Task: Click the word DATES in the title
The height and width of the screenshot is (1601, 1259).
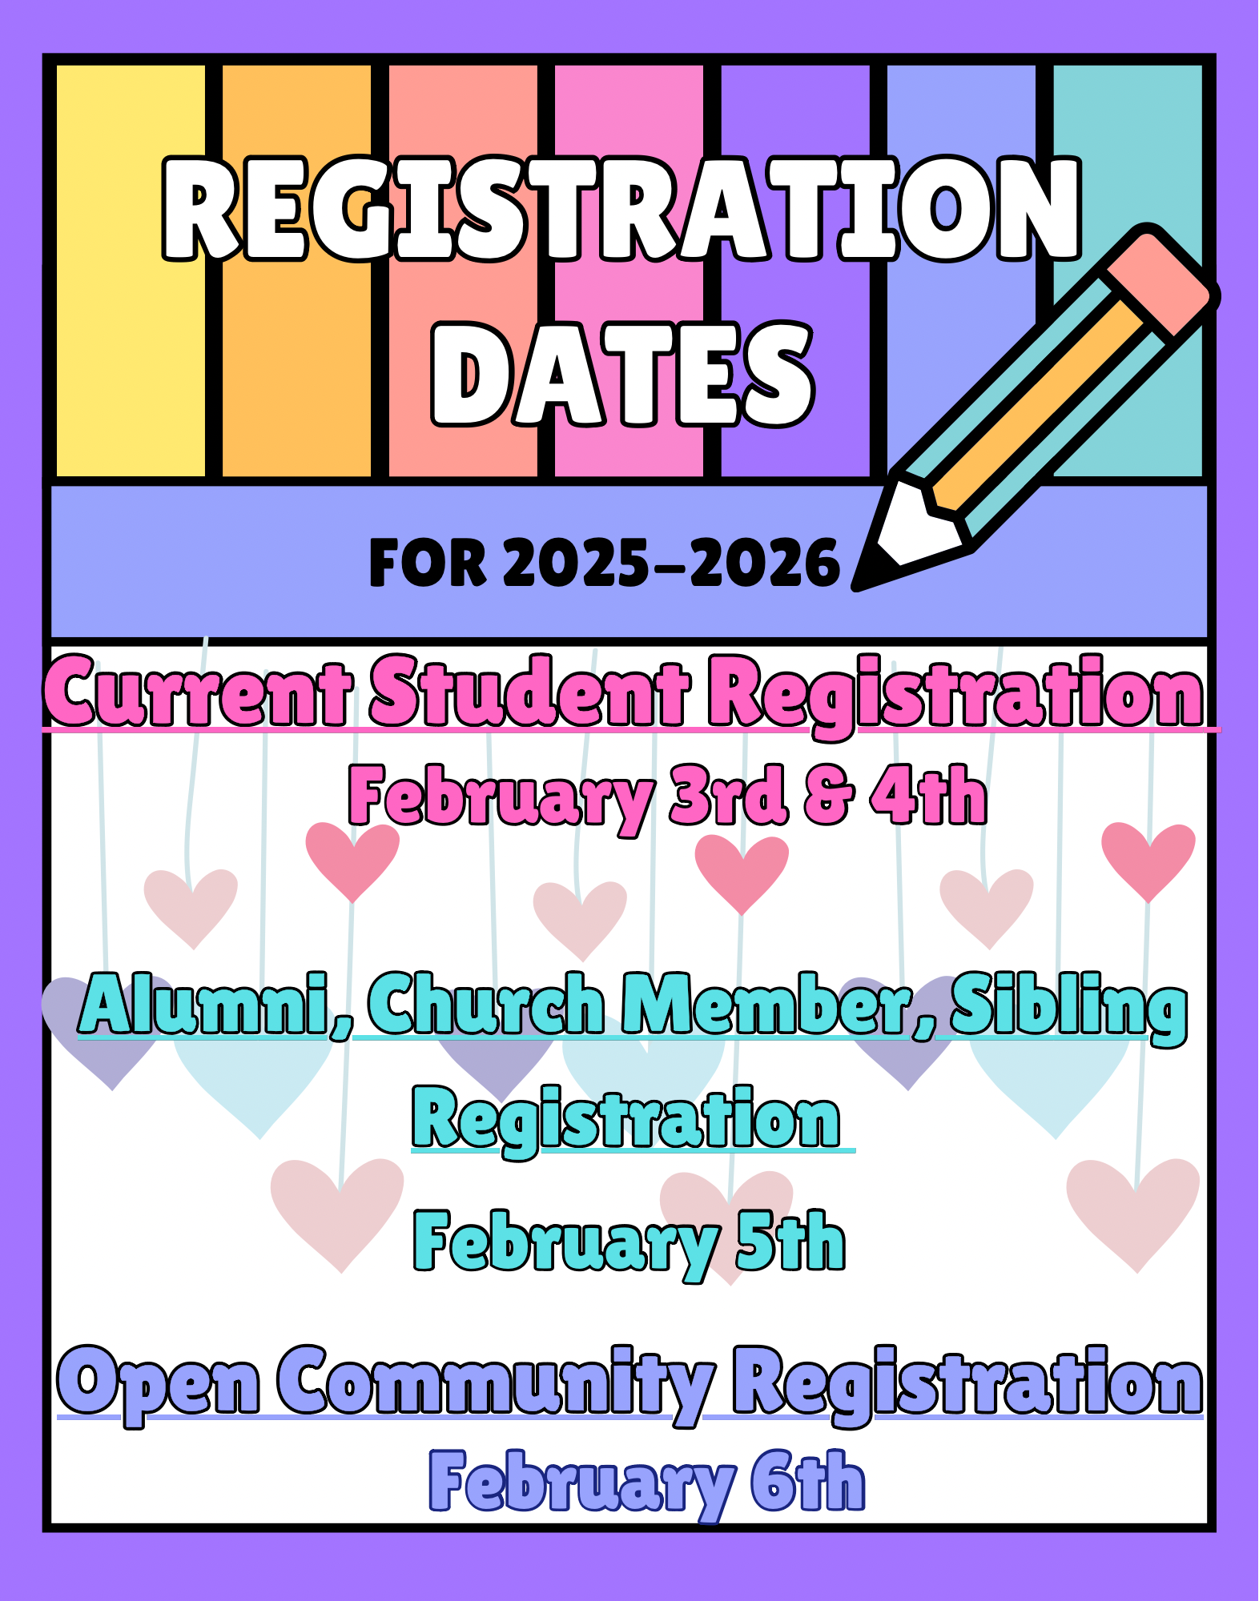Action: (623, 374)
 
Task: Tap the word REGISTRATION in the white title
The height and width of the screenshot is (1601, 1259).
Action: (622, 209)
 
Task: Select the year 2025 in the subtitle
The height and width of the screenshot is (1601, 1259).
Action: (577, 562)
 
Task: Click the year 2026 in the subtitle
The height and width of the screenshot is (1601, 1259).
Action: (765, 562)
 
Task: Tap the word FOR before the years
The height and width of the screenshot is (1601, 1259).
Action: (428, 562)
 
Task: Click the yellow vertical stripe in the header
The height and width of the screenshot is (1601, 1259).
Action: (131, 271)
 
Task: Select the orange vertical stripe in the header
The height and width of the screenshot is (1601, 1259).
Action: (296, 271)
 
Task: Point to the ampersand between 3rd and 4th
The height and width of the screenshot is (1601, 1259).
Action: (829, 796)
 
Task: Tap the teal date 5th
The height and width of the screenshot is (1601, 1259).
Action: (790, 1241)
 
